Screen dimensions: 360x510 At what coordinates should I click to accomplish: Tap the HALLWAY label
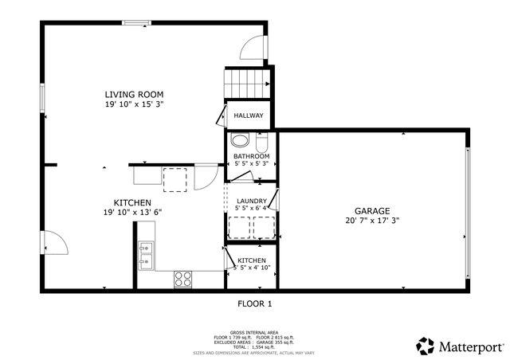pyautogui.click(x=248, y=116)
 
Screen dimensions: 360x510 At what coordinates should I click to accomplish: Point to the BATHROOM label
pyautogui.click(x=251, y=156)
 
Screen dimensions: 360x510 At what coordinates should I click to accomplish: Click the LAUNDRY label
pyautogui.click(x=251, y=201)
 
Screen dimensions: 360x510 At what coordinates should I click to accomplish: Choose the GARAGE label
pyautogui.click(x=372, y=210)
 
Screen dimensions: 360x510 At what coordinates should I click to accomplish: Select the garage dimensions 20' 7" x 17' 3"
pyautogui.click(x=372, y=221)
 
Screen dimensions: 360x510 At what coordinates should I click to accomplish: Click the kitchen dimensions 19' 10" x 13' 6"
pyautogui.click(x=132, y=213)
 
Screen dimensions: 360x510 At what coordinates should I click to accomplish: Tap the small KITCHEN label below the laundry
pyautogui.click(x=251, y=260)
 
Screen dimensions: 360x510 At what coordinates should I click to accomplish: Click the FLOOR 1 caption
pyautogui.click(x=255, y=303)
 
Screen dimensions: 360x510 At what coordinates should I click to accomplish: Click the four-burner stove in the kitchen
pyautogui.click(x=183, y=279)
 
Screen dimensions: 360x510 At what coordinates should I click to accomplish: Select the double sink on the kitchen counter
pyautogui.click(x=146, y=255)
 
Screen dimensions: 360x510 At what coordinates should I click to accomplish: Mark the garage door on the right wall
pyautogui.click(x=469, y=194)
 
